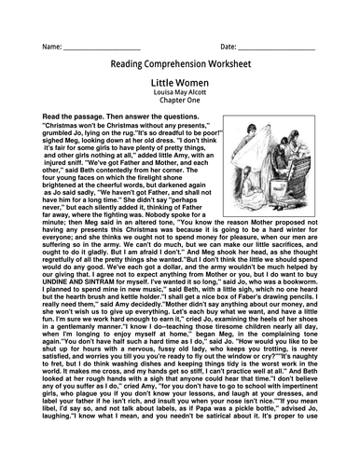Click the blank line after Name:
coord(103,47)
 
